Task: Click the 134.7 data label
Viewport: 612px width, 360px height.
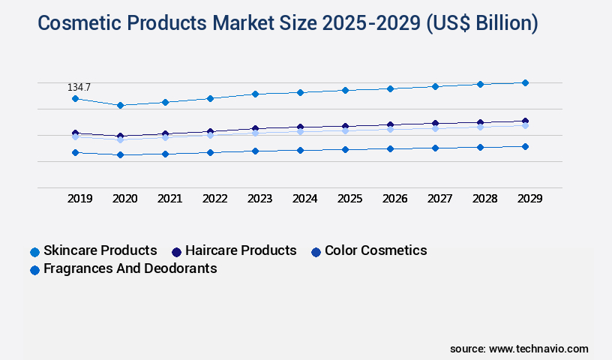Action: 79,88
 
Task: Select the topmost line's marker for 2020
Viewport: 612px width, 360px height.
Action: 120,105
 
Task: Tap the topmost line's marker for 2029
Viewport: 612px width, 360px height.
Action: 525,82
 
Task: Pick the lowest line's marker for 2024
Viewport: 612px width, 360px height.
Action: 300,150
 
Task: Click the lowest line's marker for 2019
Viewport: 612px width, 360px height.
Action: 75,152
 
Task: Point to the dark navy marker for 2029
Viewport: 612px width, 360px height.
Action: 525,121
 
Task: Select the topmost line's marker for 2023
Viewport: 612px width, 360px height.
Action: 255,94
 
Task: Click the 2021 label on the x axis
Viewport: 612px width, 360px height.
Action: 169,199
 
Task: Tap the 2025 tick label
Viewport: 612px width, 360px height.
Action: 349,199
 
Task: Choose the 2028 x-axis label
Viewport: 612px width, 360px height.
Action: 484,199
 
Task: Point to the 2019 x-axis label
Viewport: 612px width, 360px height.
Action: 79,199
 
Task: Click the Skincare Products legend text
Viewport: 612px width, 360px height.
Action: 100,250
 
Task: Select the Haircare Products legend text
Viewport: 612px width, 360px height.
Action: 241,250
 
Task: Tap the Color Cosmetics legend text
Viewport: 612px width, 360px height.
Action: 376,250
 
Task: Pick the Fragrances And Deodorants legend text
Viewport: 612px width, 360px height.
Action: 130,268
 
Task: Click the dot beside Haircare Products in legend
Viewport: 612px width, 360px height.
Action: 176,251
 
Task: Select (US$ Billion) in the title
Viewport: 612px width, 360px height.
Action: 481,23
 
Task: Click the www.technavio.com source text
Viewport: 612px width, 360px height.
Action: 538,349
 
